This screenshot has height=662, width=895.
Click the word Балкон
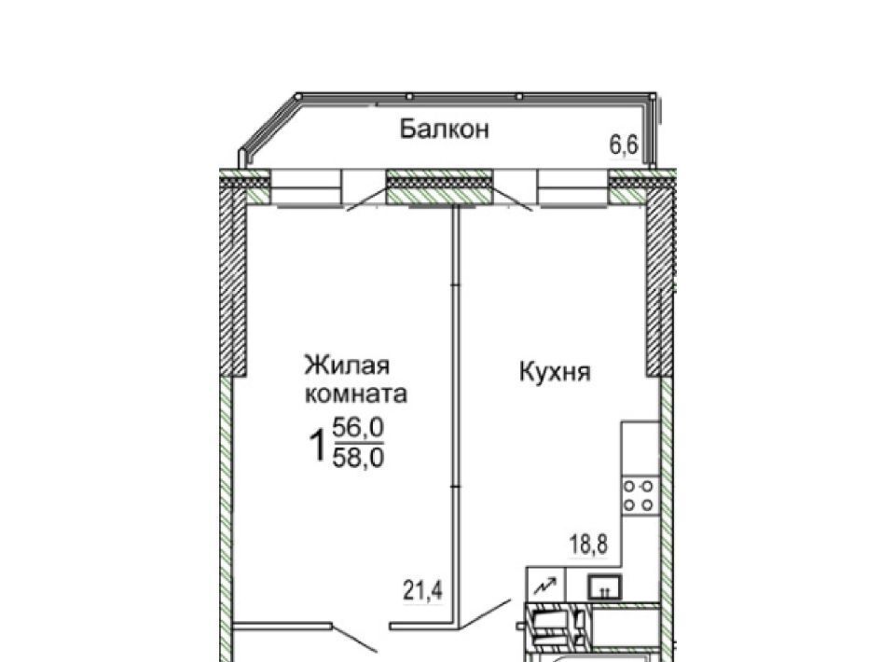tap(444, 129)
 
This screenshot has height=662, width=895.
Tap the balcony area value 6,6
tap(624, 145)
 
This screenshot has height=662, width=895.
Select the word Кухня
tap(555, 373)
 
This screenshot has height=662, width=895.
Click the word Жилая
tap(347, 365)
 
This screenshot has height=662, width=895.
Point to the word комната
tap(356, 394)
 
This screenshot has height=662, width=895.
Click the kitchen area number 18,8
tap(588, 545)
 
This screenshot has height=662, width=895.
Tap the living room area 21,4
tap(423, 590)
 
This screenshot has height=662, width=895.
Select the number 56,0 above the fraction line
tap(358, 427)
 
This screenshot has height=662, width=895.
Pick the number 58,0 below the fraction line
tap(358, 457)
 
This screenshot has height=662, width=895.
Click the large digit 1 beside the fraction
tap(317, 446)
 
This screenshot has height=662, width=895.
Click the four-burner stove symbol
tap(640, 495)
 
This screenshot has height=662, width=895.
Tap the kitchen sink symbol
tap(605, 586)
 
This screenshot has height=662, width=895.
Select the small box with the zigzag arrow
tap(545, 585)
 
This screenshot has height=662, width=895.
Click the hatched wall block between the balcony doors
tap(439, 186)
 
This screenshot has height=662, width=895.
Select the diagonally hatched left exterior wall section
tap(233, 280)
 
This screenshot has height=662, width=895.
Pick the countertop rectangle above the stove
tap(640, 448)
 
